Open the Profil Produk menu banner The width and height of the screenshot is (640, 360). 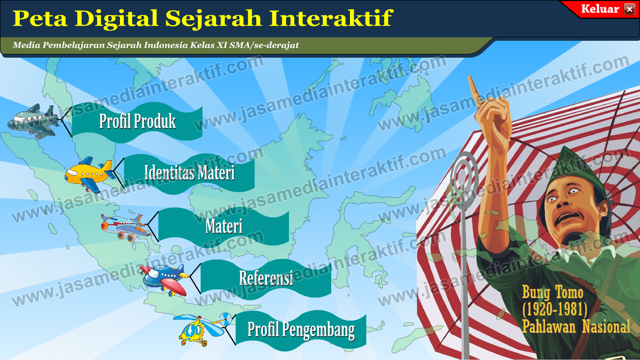point(137,121)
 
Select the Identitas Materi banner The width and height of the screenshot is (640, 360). point(189,172)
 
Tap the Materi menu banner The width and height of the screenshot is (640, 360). point(223,226)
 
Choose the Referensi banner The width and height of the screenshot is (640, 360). point(266,278)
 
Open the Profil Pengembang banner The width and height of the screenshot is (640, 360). point(301,330)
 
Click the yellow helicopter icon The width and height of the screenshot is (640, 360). point(199,330)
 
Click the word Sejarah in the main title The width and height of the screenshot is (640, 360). point(216,18)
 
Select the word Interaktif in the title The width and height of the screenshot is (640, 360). point(330,18)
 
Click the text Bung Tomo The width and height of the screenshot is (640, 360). point(553,293)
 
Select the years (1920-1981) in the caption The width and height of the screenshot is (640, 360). point(555,309)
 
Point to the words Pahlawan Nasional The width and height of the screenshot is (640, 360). point(576,326)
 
